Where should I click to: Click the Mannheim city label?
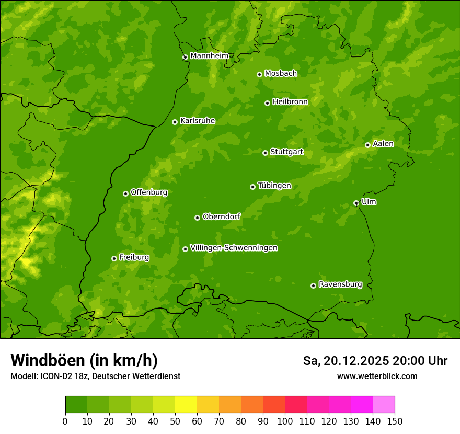coord(209,55)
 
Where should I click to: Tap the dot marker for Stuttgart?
coord(265,153)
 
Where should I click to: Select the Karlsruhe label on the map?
coord(197,120)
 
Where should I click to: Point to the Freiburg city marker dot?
coord(114,258)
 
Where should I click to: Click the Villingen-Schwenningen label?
coord(234,247)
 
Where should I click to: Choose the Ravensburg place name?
coord(340,284)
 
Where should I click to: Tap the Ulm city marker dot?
coord(356,203)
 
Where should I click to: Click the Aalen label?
coord(383,143)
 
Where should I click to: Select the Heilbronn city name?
coord(290,101)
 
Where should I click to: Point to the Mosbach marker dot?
coord(259,74)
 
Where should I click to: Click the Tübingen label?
coord(274,185)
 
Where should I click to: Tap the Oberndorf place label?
coord(221,216)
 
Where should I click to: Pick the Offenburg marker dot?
coord(125,193)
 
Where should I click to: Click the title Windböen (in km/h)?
coord(84,360)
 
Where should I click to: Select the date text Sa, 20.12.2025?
coord(346,361)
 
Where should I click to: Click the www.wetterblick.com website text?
coord(377,376)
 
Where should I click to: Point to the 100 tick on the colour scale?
coord(285,421)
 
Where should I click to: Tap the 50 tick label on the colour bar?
coord(175,421)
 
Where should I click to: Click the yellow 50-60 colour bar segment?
coord(186,404)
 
